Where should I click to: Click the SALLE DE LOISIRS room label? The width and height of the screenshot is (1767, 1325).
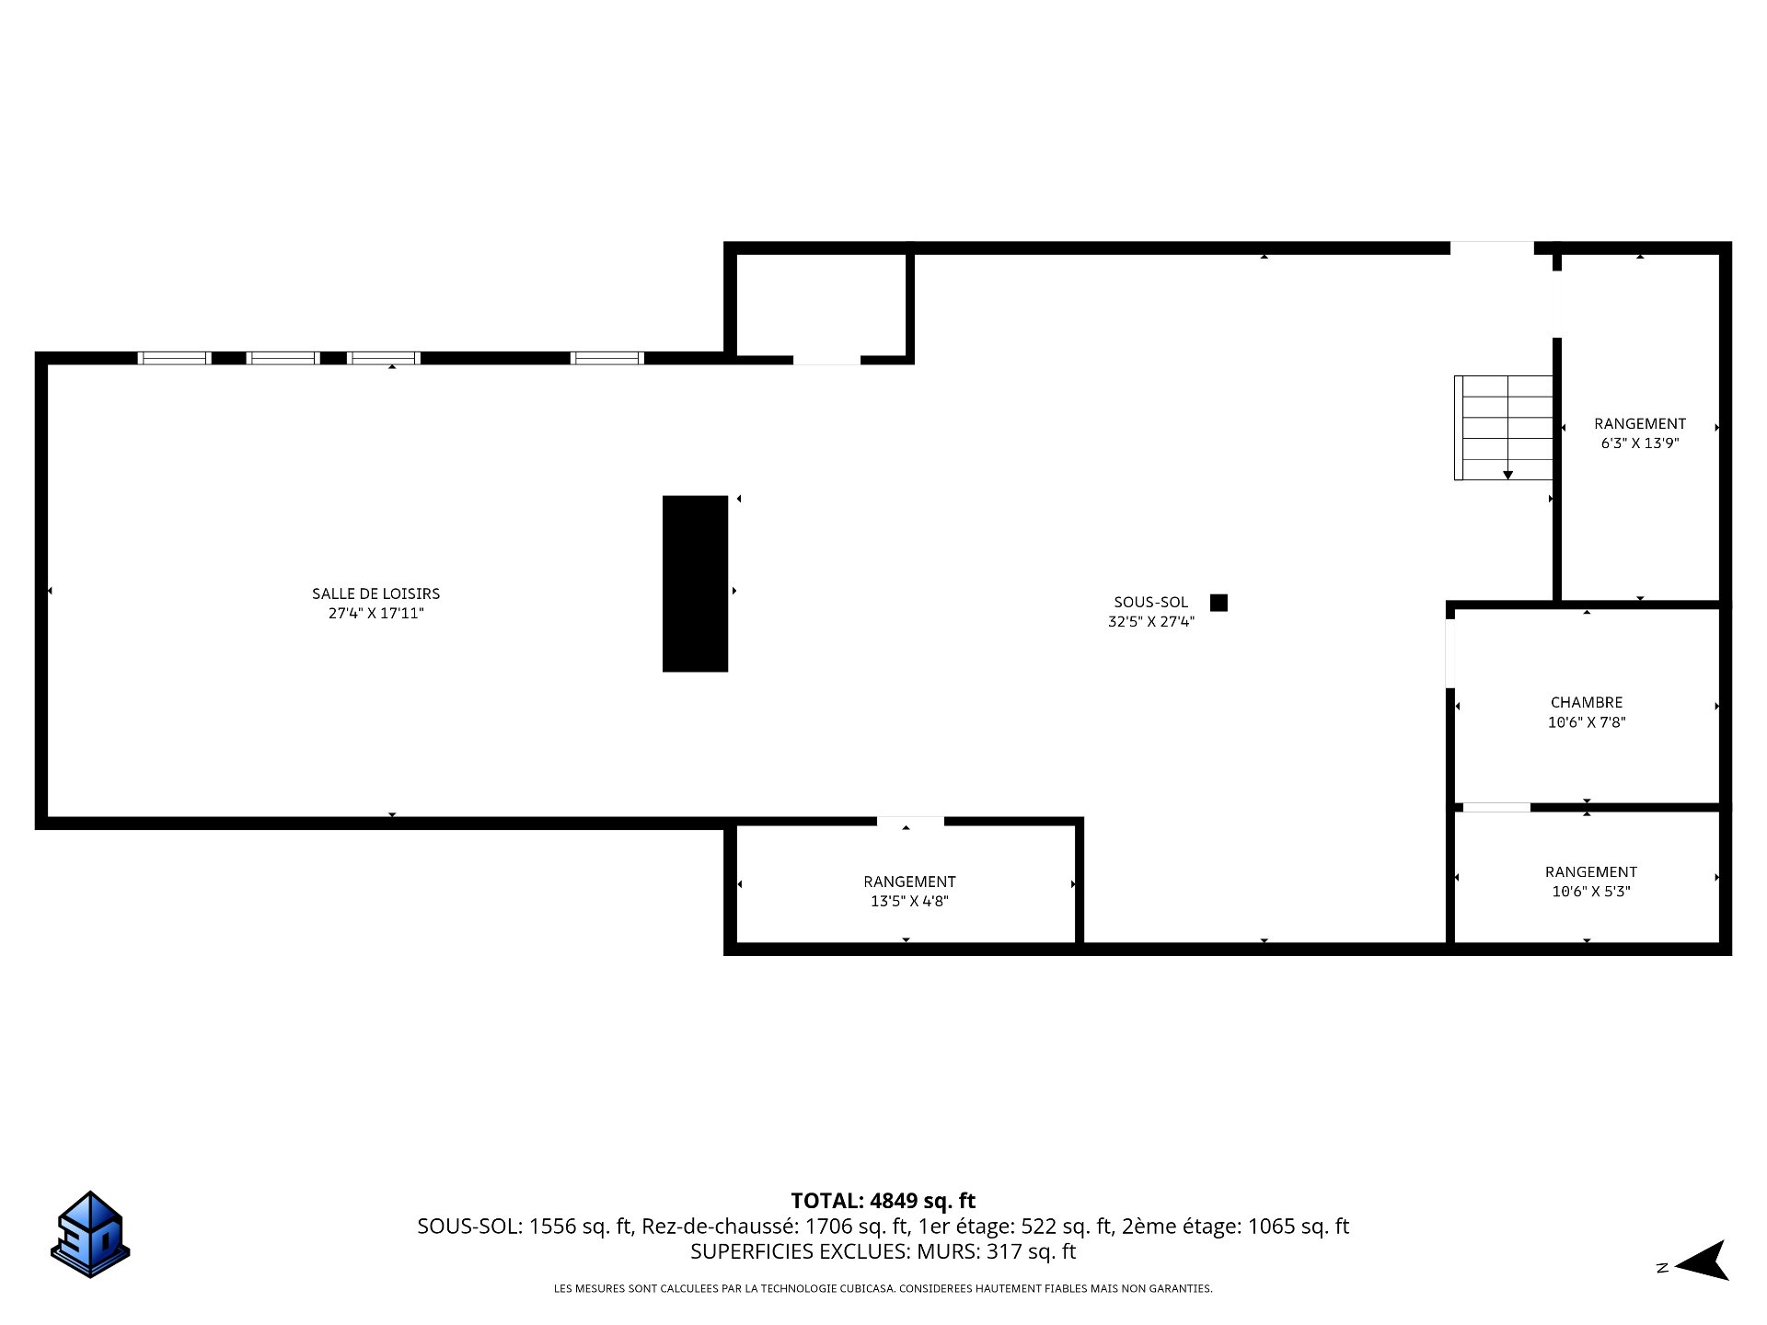pos(375,593)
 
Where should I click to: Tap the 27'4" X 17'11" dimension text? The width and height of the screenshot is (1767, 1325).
pos(375,614)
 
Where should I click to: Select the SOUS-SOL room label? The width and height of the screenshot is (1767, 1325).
pos(1150,603)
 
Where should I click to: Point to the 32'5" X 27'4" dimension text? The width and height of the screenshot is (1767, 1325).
pos(1150,622)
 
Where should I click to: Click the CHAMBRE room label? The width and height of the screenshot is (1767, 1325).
pos(1587,702)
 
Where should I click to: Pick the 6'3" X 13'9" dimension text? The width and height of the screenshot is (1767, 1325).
pos(1640,443)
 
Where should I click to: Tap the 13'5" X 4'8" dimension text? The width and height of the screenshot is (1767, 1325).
pos(909,901)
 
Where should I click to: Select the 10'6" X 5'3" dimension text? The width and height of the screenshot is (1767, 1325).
pos(1590,891)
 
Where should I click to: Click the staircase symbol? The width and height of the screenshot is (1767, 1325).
pos(1504,428)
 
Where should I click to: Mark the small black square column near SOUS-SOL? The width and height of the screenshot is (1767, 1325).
pos(1218,603)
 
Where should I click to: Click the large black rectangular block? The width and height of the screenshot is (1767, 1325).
pos(695,583)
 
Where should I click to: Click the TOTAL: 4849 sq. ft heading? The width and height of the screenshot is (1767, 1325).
pos(883,1201)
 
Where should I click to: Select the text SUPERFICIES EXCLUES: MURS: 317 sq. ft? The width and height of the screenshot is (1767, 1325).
pos(883,1251)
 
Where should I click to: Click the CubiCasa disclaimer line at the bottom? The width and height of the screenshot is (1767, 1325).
pos(883,1289)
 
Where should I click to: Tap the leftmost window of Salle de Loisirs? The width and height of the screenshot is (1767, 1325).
pos(175,358)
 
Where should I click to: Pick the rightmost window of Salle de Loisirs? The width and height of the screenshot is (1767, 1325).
pos(607,358)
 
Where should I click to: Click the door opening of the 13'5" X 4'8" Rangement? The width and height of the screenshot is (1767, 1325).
pos(910,822)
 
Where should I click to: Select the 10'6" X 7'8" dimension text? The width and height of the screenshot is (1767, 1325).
pos(1587,722)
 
